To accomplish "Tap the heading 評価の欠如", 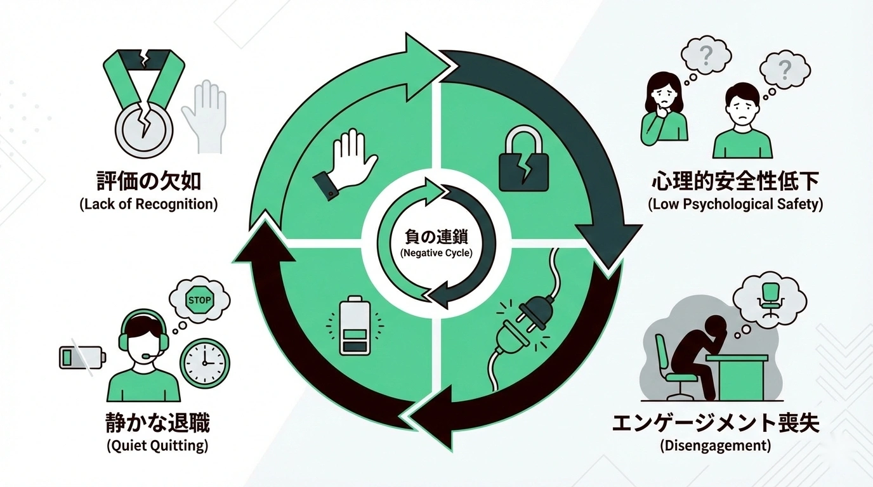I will [148, 181].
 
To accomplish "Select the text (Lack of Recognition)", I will [148, 205].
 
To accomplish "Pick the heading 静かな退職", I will [157, 422].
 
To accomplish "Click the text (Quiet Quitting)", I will [157, 445].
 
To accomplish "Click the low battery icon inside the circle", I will [354, 327].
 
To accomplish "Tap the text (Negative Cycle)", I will [436, 252].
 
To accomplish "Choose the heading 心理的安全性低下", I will [735, 181].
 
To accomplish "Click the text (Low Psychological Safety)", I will [735, 205].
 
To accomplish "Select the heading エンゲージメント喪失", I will [716, 422].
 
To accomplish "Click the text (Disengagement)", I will [716, 445].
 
